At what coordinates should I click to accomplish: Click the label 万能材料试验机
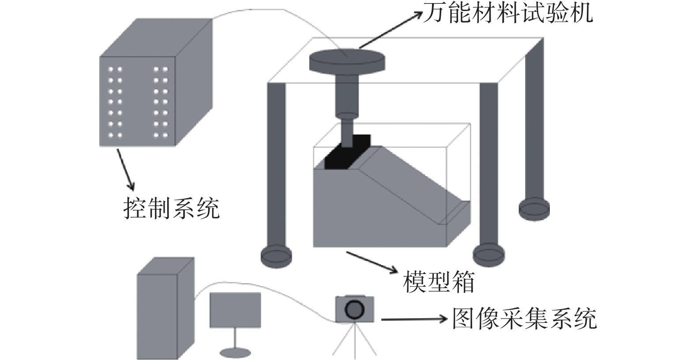[507, 13]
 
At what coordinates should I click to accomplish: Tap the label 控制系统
[171, 207]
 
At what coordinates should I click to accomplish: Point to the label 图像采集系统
[524, 319]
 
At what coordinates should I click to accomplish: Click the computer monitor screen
[235, 310]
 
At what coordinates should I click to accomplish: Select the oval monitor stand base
[235, 352]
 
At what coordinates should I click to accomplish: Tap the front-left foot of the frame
[276, 256]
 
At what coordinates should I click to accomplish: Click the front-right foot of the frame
[488, 255]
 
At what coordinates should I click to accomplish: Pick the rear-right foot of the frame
[534, 208]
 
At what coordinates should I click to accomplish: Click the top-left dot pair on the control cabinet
[115, 69]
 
